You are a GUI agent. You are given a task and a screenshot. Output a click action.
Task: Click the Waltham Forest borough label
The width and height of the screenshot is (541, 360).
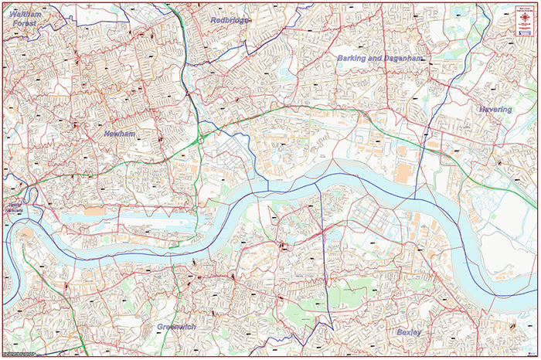pos(21,18)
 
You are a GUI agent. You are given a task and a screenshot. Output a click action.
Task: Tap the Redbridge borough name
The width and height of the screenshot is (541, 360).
pos(230,20)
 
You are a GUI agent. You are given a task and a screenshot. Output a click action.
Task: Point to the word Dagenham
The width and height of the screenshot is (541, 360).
pos(404,58)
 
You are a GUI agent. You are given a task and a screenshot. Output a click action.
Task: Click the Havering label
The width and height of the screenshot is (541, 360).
pos(495,110)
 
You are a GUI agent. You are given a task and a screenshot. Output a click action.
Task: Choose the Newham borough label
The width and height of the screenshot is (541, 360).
pos(119,134)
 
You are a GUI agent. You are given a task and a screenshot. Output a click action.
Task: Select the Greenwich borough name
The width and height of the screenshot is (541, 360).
pos(176,327)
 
